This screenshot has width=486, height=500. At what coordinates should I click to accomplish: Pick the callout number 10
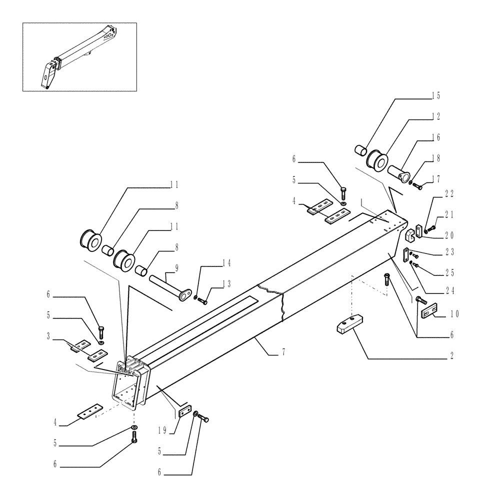click(x=453, y=314)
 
